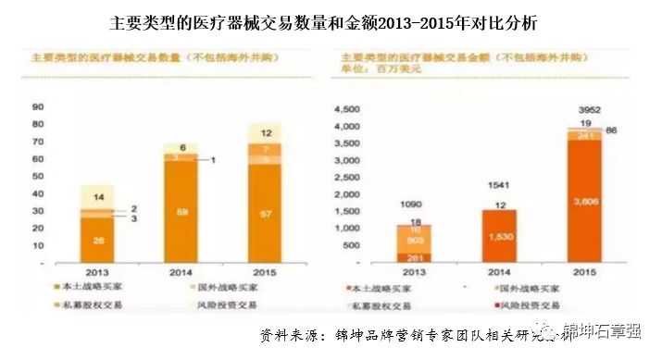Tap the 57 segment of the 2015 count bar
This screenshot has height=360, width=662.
tap(265, 214)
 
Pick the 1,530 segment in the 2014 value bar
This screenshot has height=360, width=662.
tap(499, 237)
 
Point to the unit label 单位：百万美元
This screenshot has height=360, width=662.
tap(381, 68)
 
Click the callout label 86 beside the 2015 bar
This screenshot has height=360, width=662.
tap(612, 131)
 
